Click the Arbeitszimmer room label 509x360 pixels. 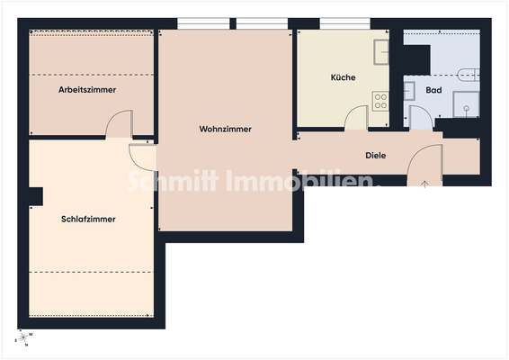point(87,90)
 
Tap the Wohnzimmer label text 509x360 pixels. point(225,130)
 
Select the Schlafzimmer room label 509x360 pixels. point(88,220)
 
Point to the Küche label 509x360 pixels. point(343,78)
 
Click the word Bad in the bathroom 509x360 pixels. point(433,91)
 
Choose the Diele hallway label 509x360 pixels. point(375,156)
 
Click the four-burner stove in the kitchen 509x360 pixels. point(380,101)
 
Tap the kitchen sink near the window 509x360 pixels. point(381,50)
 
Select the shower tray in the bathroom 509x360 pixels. point(467,103)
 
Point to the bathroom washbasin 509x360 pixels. point(408,89)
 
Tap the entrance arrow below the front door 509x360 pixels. point(425,184)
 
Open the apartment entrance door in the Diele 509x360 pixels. point(424,162)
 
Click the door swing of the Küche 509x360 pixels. point(357,118)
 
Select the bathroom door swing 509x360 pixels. point(420,118)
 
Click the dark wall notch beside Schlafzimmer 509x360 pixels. point(36,195)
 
